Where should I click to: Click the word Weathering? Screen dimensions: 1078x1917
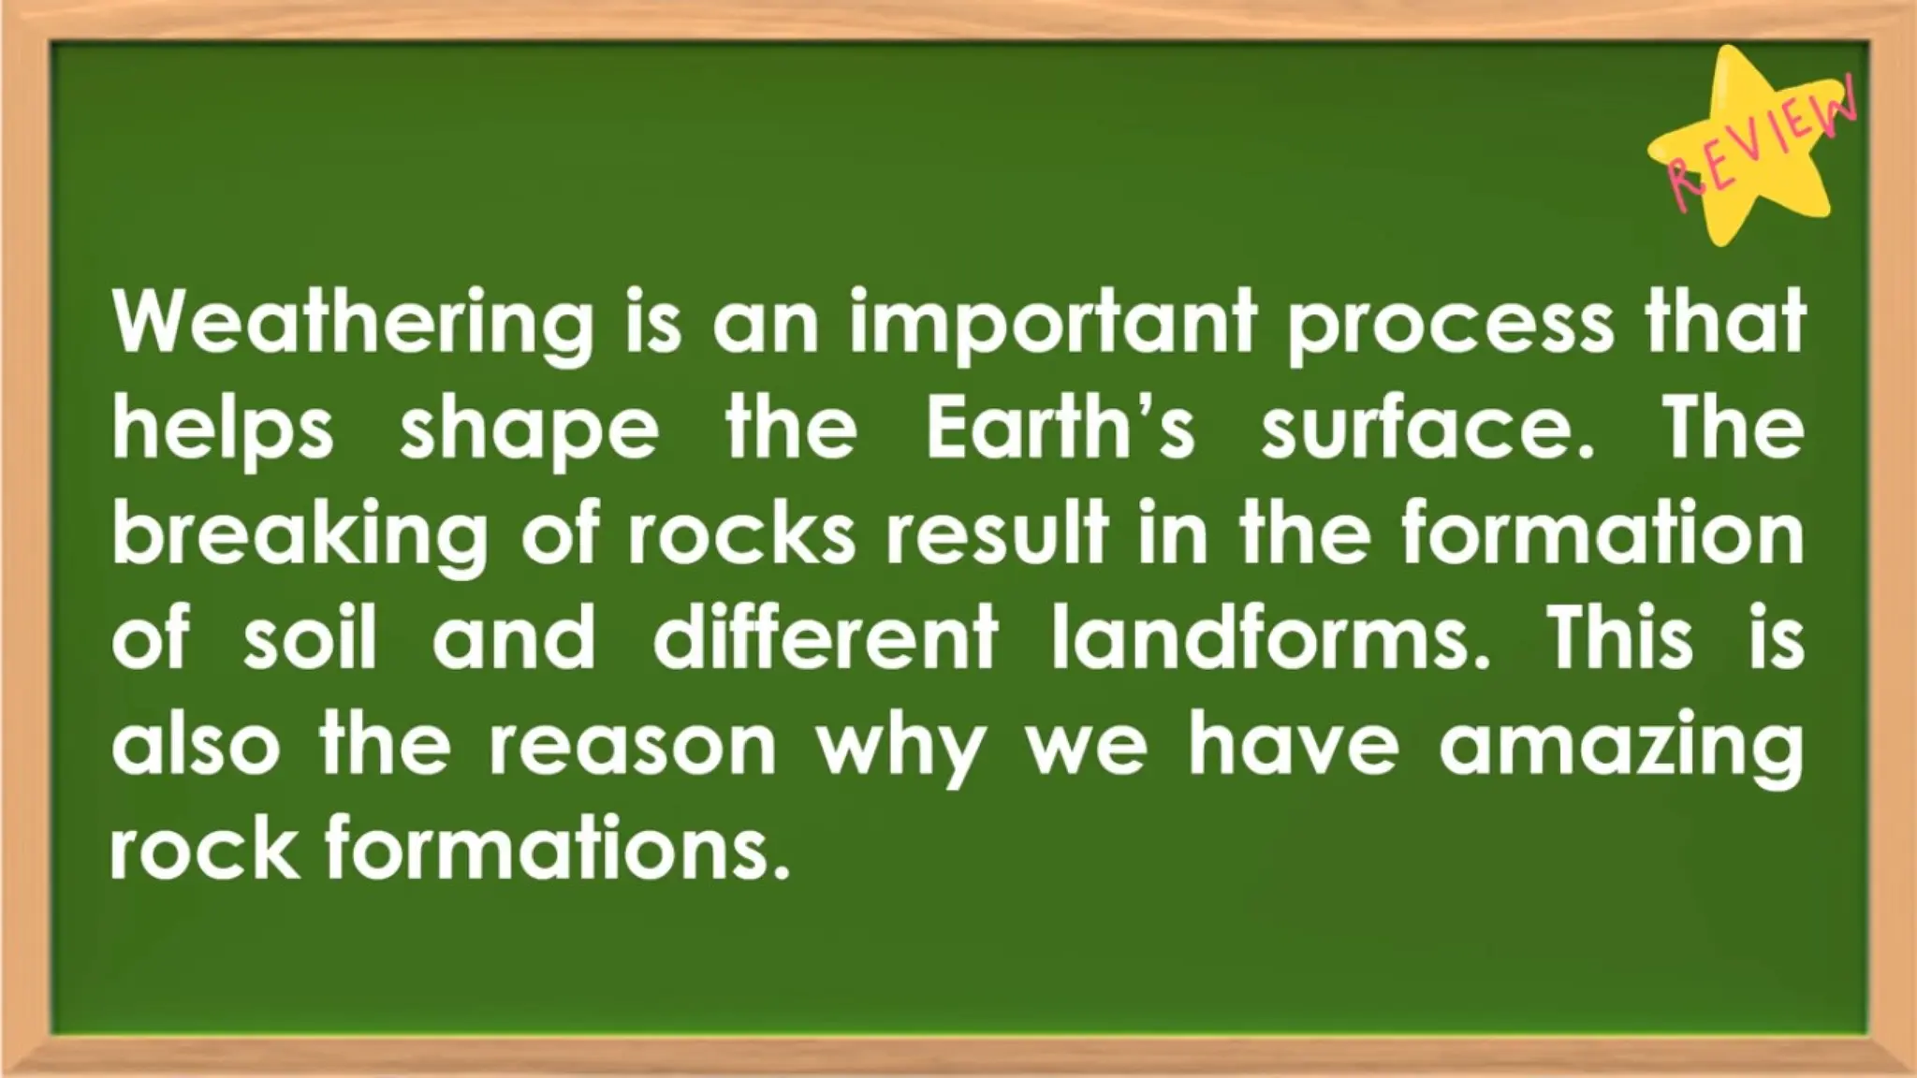[353, 323]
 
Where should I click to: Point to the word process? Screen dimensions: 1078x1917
[1451, 323]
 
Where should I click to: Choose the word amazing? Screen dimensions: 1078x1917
[1620, 751]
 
